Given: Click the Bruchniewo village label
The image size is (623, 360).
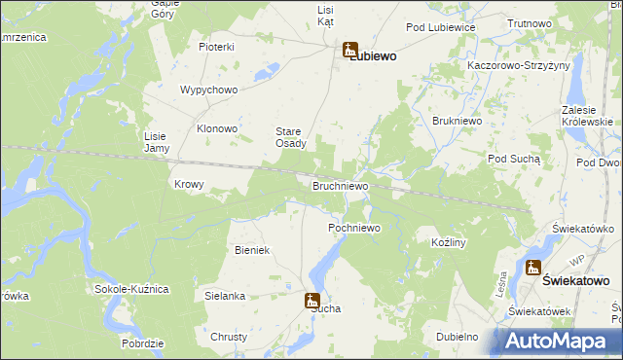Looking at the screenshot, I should click(340, 185).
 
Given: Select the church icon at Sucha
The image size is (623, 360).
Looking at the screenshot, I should click(312, 301).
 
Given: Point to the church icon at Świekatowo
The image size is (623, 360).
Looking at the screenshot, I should click(533, 269).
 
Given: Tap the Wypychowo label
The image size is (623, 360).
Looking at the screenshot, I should click(209, 90).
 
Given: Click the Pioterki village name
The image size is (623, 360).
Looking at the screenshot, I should click(217, 47).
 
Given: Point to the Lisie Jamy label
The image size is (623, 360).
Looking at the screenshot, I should click(157, 142).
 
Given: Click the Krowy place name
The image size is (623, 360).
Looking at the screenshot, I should click(188, 184).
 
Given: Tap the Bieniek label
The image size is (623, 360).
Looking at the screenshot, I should click(251, 250).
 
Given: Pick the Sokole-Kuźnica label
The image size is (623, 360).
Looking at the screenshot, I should click(132, 289).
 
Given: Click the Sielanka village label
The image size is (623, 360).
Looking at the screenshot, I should click(225, 295).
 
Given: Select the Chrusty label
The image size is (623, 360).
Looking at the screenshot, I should click(229, 337).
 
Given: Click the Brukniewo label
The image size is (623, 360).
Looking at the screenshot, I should click(452, 122).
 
